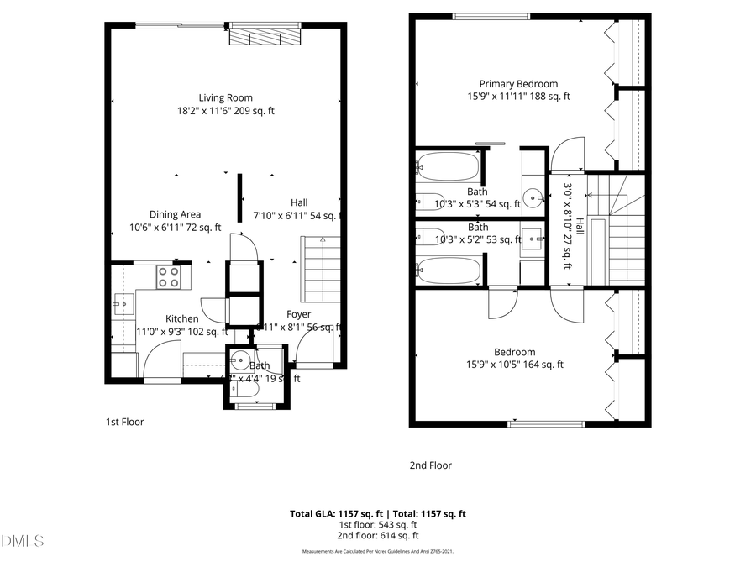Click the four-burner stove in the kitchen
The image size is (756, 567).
168,276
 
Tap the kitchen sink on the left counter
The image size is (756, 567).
123,303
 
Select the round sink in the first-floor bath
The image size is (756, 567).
240,363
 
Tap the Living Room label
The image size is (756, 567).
225,97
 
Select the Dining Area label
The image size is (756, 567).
175,214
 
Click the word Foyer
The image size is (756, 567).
298,314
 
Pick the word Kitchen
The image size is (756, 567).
181,318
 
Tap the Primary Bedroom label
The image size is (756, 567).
518,83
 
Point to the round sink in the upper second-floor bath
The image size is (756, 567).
533,199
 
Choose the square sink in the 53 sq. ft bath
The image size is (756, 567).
531,235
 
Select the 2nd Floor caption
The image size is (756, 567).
430,465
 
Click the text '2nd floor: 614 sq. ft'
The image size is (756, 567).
377,535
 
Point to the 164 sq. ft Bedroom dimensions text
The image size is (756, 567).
515,365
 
